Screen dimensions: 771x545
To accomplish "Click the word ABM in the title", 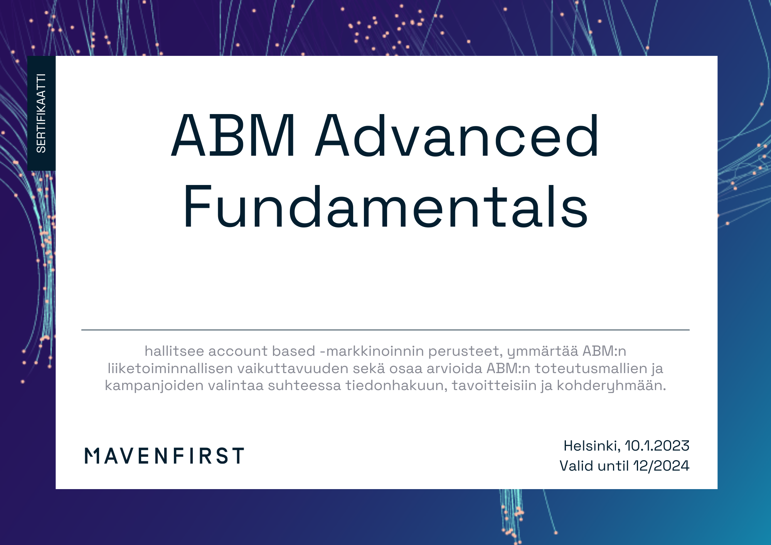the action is (x=234, y=136).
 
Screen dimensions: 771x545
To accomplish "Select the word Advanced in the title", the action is (x=457, y=136).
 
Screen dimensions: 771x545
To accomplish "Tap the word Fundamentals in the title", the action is (x=385, y=207).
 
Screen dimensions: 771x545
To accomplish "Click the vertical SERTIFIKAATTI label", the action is (x=41, y=113).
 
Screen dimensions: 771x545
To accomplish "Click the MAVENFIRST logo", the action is (x=164, y=456).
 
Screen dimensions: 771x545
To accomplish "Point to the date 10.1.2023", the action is (x=657, y=446).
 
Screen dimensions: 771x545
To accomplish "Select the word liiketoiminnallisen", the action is (x=170, y=368).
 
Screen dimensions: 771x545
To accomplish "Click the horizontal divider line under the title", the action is (x=385, y=330).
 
